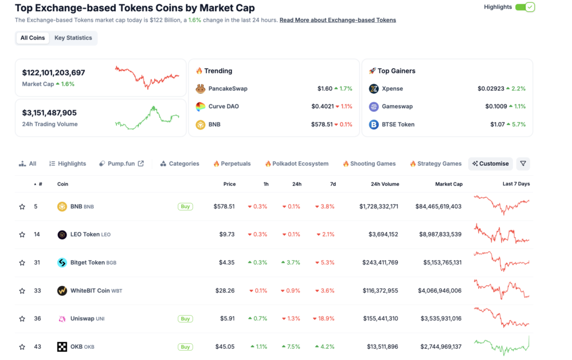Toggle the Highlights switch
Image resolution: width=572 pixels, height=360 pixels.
[x=525, y=7]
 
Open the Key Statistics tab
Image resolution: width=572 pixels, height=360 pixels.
[x=73, y=38]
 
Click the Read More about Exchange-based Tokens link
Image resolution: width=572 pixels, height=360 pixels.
[x=337, y=20]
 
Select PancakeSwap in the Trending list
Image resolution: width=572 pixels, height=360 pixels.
[x=227, y=89]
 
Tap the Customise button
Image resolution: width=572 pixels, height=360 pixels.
[x=490, y=164]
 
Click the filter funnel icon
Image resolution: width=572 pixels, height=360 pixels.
[x=523, y=164]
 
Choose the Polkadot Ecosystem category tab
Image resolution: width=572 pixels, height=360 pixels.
[x=297, y=164]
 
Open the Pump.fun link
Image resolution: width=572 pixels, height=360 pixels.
[x=121, y=164]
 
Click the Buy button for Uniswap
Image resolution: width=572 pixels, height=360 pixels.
[x=185, y=319]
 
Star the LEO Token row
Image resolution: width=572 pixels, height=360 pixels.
[x=22, y=234]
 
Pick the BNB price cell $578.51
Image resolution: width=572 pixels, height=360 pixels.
[x=224, y=207]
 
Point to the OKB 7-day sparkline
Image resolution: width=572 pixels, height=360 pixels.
[x=501, y=347]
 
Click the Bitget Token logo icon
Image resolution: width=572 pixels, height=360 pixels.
[x=62, y=262]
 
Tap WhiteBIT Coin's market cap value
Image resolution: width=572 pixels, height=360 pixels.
[x=441, y=291]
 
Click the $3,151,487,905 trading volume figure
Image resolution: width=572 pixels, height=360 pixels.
[x=49, y=113]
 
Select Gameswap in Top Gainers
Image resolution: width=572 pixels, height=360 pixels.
[x=397, y=107]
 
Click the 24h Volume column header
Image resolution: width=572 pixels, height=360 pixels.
[x=385, y=184]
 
